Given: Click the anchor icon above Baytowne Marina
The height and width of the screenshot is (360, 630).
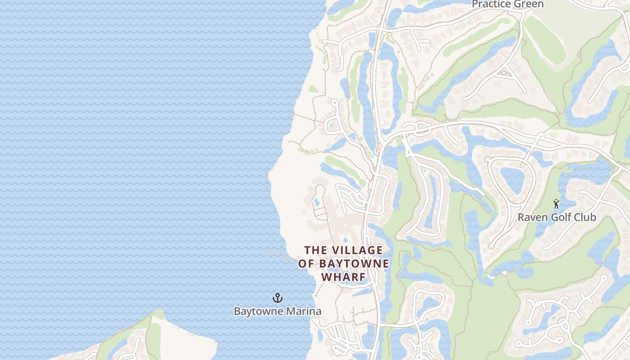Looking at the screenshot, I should click(278, 297).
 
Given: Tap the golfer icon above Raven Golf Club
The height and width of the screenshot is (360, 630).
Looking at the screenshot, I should click(556, 204).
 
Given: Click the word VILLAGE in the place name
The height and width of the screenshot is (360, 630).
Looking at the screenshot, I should click(358, 250).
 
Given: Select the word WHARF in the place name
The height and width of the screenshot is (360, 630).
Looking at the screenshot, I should click(343, 277).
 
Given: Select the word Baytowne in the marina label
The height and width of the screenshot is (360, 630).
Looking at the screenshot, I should click(258, 311).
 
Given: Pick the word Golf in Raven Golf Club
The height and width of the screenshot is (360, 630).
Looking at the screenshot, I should click(560, 217).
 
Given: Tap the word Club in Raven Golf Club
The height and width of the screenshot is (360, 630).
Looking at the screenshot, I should click(585, 217).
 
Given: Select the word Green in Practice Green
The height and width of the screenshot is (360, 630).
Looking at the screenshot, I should click(529, 4).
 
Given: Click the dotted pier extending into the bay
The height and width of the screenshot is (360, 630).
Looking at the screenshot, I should click(281, 255).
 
